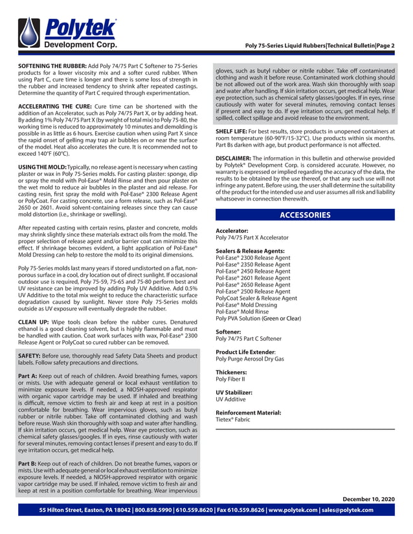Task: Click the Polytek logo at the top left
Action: (68, 33)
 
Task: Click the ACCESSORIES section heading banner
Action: (304, 215)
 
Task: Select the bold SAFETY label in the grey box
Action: (31, 356)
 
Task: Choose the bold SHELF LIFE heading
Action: (234, 130)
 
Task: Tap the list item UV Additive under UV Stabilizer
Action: (232, 400)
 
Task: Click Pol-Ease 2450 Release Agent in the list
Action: (252, 272)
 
